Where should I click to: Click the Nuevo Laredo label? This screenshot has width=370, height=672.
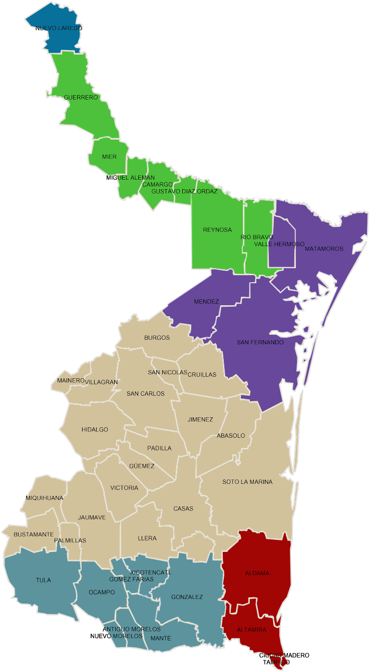click(59, 28)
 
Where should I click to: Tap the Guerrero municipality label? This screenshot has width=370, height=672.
click(81, 97)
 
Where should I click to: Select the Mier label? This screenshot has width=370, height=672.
click(109, 157)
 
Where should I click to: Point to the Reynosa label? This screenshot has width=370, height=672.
click(217, 230)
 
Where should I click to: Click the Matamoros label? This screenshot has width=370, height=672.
click(324, 249)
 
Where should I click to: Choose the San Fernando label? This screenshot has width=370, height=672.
click(260, 342)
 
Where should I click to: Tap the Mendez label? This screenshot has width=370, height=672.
click(206, 302)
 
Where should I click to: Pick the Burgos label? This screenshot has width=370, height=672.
click(157, 338)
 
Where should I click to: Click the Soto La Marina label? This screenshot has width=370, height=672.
click(247, 482)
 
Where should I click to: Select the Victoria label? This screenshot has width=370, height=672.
click(124, 488)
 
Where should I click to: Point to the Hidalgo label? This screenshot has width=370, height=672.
click(95, 429)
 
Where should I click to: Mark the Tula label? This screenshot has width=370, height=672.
click(44, 580)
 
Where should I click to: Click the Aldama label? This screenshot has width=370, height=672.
click(257, 573)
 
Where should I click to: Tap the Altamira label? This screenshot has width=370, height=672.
click(251, 629)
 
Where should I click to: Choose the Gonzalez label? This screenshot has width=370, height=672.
click(187, 597)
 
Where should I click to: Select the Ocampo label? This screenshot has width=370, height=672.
click(102, 592)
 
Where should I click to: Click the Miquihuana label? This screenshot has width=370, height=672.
click(45, 498)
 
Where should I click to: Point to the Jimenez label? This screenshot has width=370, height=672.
click(200, 419)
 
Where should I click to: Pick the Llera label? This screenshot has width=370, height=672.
click(147, 538)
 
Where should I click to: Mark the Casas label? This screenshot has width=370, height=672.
click(183, 509)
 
